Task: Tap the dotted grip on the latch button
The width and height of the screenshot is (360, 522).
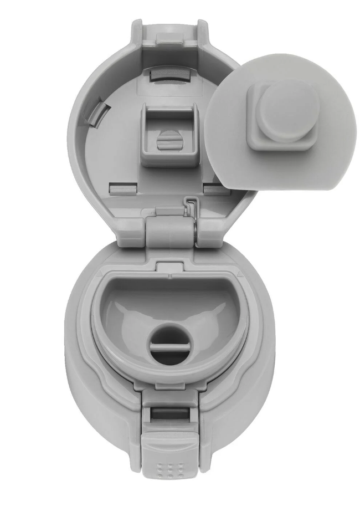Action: pyautogui.click(x=171, y=470)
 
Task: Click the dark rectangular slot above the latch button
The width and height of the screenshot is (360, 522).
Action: pyautogui.click(x=171, y=413)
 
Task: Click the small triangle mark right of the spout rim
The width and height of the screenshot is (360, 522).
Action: pyautogui.click(x=239, y=274)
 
